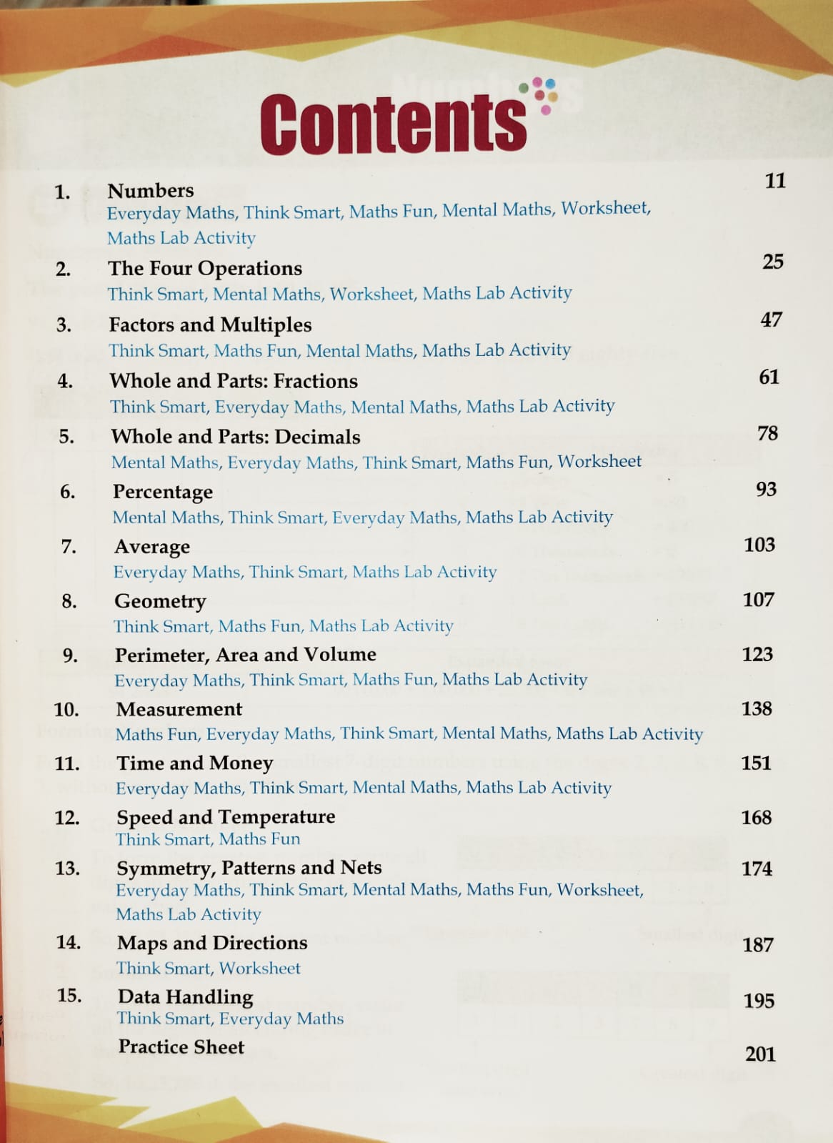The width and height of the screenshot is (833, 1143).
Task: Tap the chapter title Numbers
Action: [151, 191]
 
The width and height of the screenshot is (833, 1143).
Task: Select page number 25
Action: [773, 262]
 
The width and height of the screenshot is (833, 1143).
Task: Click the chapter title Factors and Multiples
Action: [210, 325]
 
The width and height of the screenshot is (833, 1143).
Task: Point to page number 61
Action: [769, 377]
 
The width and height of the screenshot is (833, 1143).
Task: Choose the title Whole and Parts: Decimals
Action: [236, 437]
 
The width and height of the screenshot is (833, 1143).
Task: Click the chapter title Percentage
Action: [163, 493]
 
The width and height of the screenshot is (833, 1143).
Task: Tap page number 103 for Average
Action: [759, 545]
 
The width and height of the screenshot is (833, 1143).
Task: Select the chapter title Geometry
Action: [160, 602]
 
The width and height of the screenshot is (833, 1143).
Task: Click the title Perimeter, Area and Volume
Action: [246, 655]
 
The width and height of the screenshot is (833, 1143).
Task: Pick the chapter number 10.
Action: [66, 710]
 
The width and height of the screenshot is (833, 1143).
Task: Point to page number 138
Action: [757, 708]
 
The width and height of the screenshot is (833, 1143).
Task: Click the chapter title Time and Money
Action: [194, 763]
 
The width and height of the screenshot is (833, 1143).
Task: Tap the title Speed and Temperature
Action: [226, 817]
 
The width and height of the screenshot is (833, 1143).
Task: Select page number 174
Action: [757, 869]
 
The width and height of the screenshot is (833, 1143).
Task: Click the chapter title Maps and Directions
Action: [212, 943]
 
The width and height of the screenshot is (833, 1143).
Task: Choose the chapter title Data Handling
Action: [185, 996]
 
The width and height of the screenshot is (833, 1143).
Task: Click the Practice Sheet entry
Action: [181, 1047]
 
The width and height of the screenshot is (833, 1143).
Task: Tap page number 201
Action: [760, 1054]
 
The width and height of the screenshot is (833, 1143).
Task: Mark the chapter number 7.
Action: [69, 547]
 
